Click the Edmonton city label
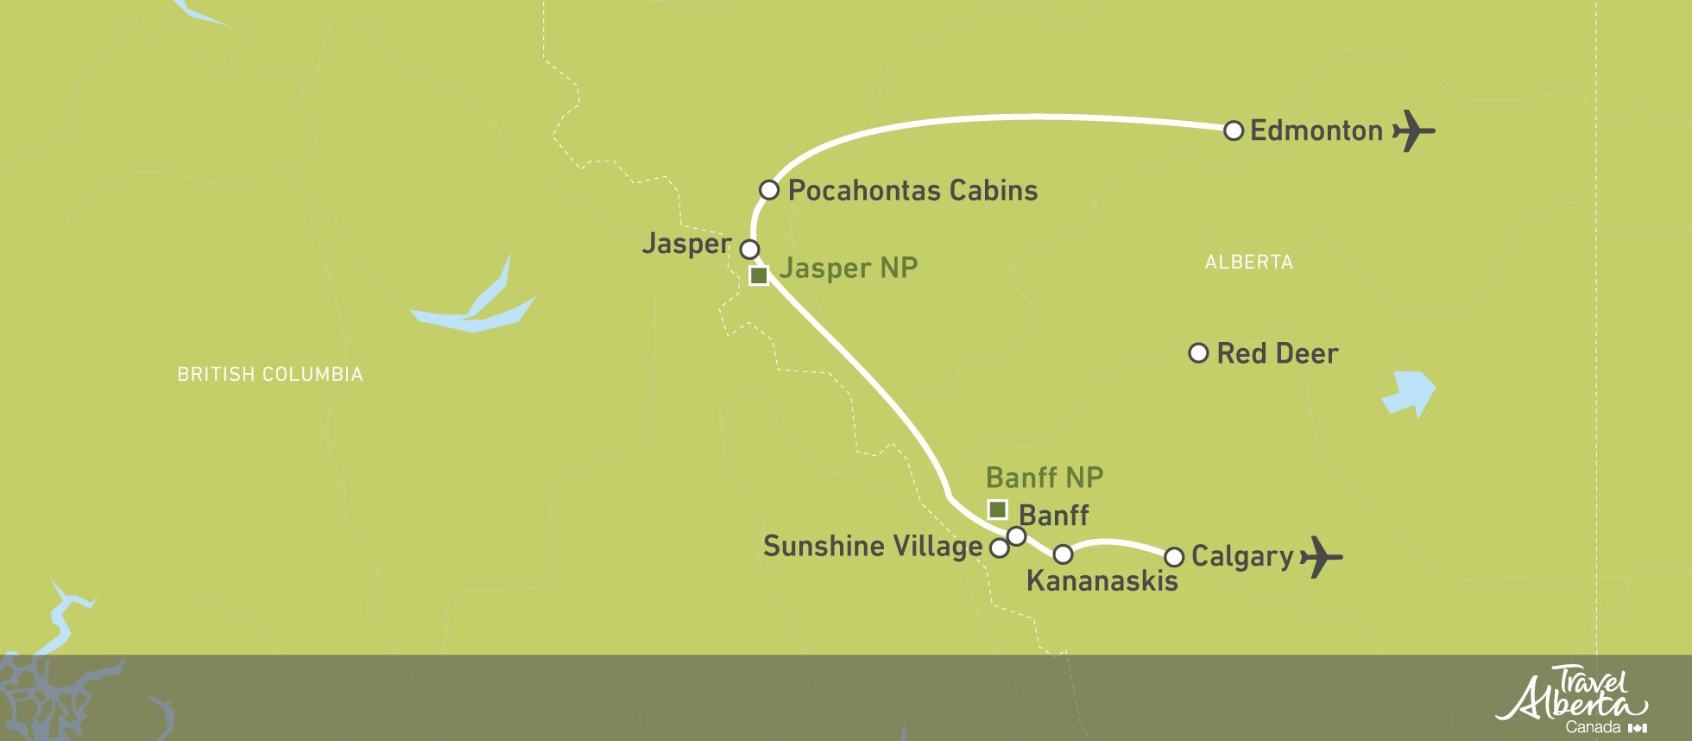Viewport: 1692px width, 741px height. coord(1316,131)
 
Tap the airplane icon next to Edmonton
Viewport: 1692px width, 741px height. coord(1412,131)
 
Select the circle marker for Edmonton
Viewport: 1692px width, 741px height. coord(1234,130)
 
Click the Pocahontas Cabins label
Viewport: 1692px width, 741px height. coord(912,191)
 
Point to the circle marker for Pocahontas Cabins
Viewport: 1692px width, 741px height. coord(768,190)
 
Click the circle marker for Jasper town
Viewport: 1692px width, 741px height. coord(749,250)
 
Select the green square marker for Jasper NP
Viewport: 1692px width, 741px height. coord(758,275)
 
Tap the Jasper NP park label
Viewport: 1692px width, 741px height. coord(848,269)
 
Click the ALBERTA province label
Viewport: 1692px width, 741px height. coord(1248,263)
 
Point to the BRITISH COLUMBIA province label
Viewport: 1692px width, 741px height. coord(269,375)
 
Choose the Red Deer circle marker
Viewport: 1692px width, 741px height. coord(1198,352)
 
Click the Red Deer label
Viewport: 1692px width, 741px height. coord(1277,353)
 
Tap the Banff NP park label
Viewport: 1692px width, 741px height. coord(1045,478)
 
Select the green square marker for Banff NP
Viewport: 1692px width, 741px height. coord(997,509)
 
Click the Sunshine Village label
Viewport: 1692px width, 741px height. coord(872,547)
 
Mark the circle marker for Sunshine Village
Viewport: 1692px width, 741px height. coord(999,548)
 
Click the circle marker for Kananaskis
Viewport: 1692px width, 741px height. coord(1063,554)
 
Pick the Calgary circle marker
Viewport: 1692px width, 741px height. coord(1173,556)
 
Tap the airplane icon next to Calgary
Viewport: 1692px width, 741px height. coord(1320,557)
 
